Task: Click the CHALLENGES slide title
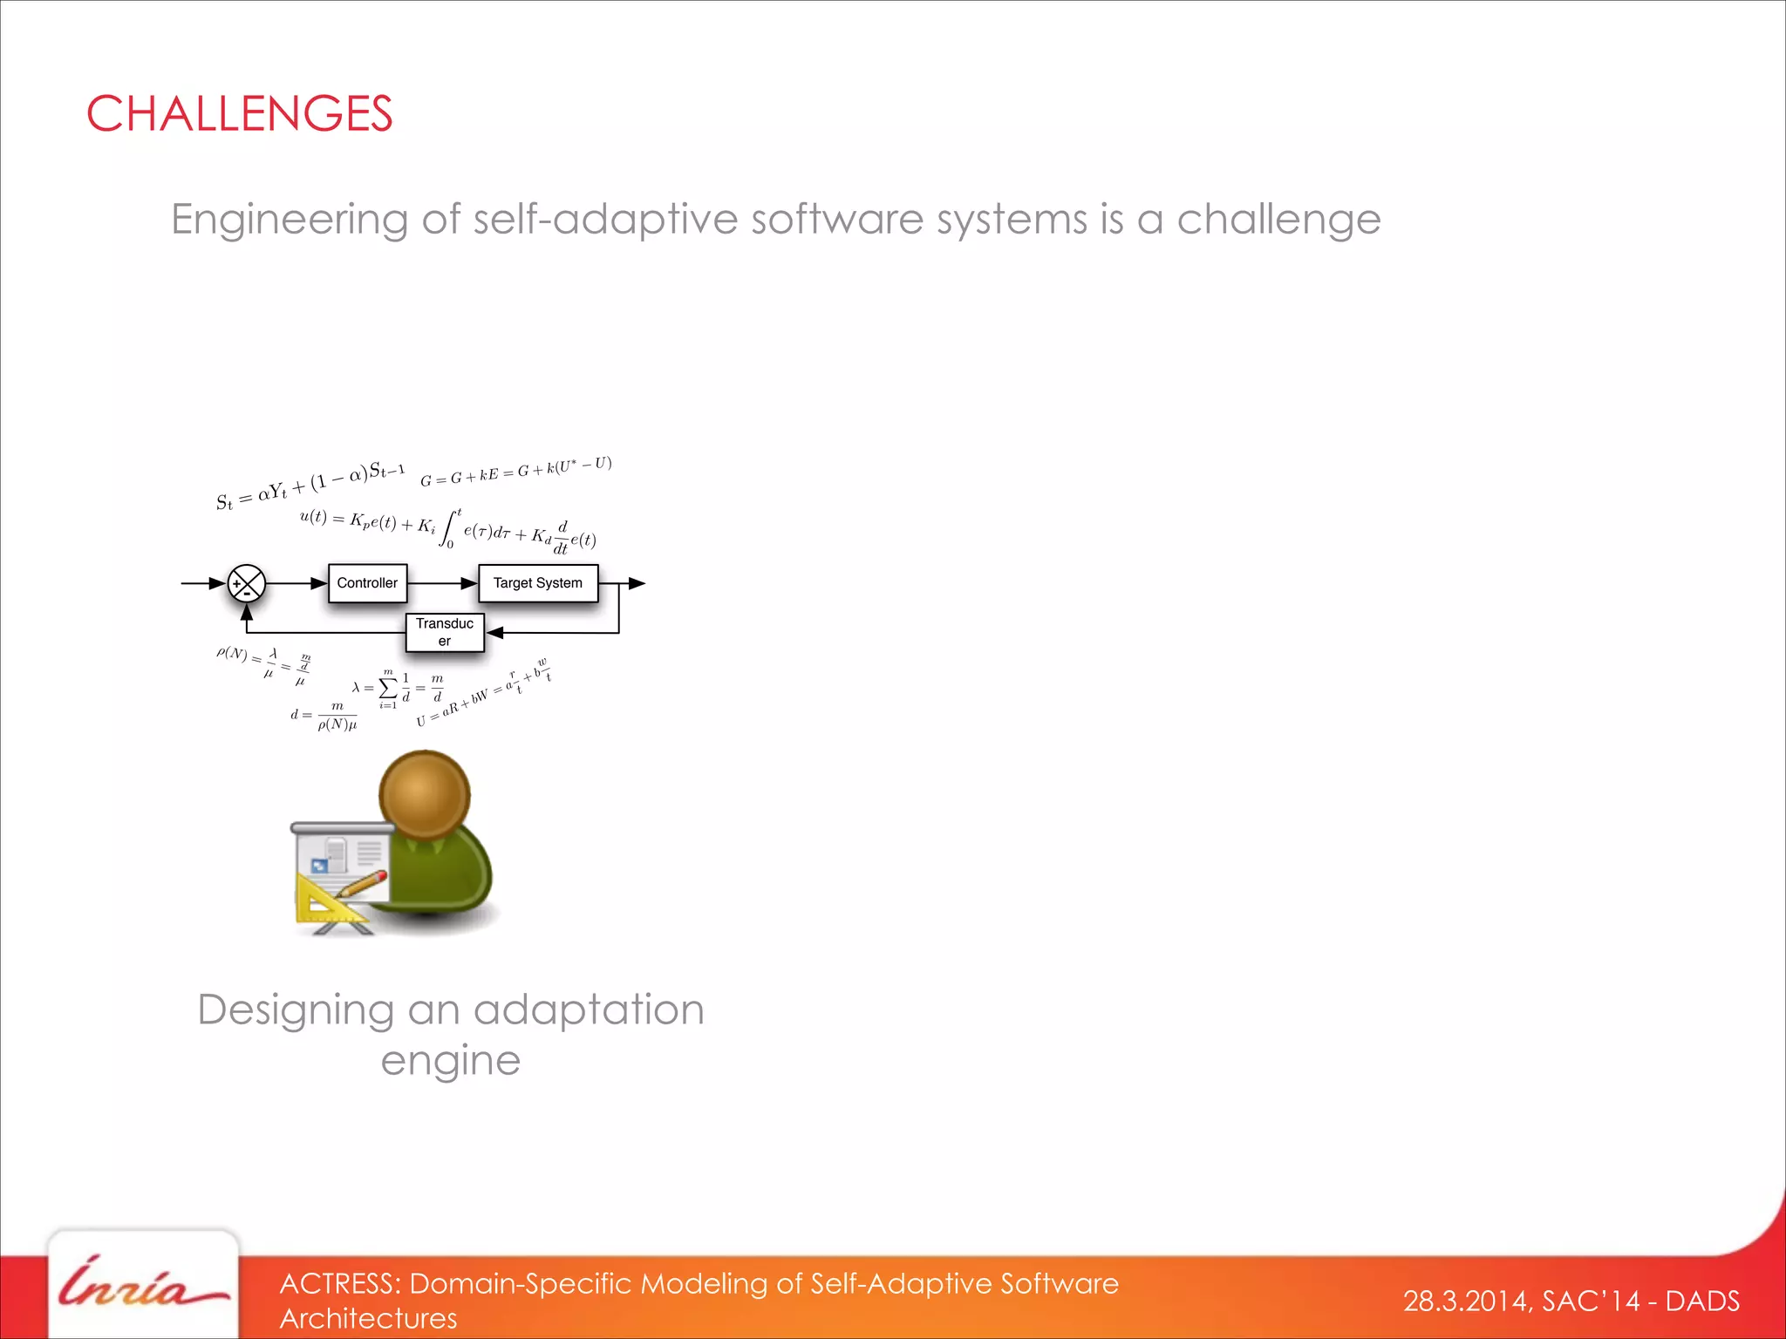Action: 239,114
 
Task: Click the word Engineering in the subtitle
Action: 289,220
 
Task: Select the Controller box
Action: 367,583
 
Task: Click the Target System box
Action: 537,583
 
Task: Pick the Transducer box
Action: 445,632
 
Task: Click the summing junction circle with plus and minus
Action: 247,583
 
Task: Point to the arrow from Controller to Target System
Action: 443,583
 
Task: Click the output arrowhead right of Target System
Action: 637,583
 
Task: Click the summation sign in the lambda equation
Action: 389,688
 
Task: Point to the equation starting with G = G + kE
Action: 515,472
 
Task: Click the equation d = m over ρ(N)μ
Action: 324,716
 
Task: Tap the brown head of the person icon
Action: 425,793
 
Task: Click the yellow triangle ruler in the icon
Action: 327,901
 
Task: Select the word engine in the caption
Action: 450,1061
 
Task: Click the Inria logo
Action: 143,1286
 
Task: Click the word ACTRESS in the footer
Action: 339,1284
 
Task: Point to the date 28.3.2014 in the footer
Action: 1465,1302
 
